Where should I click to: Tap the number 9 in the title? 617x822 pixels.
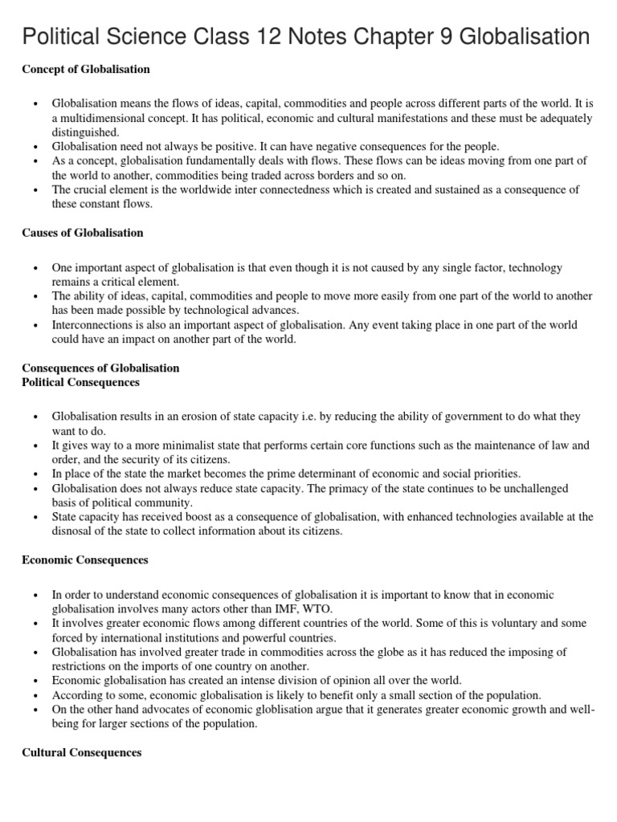(x=447, y=36)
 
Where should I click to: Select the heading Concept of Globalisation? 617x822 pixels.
(x=86, y=70)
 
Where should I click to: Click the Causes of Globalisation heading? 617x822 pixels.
(x=83, y=233)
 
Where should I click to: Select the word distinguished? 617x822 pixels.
(x=85, y=132)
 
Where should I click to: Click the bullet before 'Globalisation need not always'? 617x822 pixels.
(x=35, y=146)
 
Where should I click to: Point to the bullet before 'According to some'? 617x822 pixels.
(x=35, y=694)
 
